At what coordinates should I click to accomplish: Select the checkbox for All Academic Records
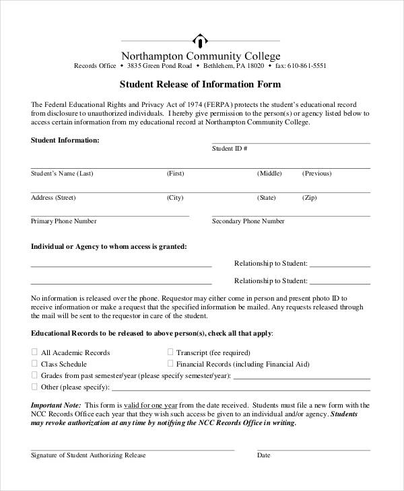[34, 352]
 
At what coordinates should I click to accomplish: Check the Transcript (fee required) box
[170, 352]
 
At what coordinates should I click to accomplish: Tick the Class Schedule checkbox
[34, 363]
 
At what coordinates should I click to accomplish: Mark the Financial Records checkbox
[170, 363]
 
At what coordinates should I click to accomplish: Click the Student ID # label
[230, 148]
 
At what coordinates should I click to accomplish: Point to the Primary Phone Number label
[64, 221]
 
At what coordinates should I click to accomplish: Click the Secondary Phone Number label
[248, 221]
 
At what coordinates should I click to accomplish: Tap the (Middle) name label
[269, 173]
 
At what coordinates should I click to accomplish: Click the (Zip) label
[309, 198]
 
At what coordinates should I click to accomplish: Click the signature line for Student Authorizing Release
[132, 449]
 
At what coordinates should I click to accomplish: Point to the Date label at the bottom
[264, 455]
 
